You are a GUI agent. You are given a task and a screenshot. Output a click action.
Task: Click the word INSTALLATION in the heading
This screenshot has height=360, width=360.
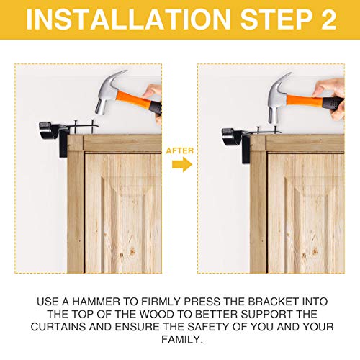[x=128, y=19]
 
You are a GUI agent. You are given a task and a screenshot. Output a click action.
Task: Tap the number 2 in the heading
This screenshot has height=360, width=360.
[x=328, y=19]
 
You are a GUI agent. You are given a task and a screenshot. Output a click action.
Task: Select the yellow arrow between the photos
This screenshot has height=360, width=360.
[x=182, y=164]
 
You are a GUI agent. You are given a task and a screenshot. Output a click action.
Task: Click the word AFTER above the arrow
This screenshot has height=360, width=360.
[x=180, y=150]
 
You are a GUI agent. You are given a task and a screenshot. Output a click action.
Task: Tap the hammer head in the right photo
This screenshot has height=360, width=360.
[x=279, y=98]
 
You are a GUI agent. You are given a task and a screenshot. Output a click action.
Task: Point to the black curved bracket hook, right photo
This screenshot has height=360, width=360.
[x=231, y=136]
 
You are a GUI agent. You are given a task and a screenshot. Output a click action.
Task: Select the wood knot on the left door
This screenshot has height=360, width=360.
[x=132, y=251]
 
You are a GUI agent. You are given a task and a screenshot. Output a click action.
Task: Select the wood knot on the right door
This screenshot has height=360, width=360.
[x=315, y=251]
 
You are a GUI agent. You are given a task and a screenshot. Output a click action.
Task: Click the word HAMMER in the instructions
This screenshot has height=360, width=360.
[x=96, y=302]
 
